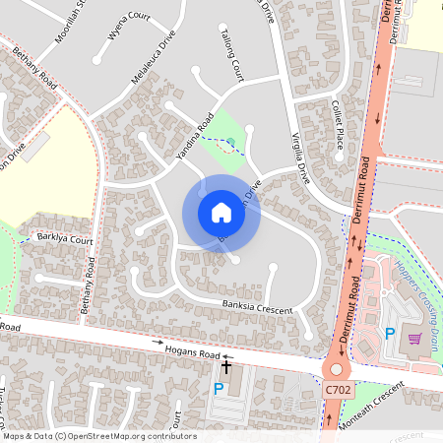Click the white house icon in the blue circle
(x=221, y=212)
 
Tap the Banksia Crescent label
(x=257, y=308)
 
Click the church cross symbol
(x=226, y=368)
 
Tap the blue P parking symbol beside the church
(x=219, y=389)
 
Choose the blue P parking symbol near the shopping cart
(x=390, y=335)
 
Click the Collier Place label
(x=338, y=125)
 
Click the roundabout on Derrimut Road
(x=339, y=370)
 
